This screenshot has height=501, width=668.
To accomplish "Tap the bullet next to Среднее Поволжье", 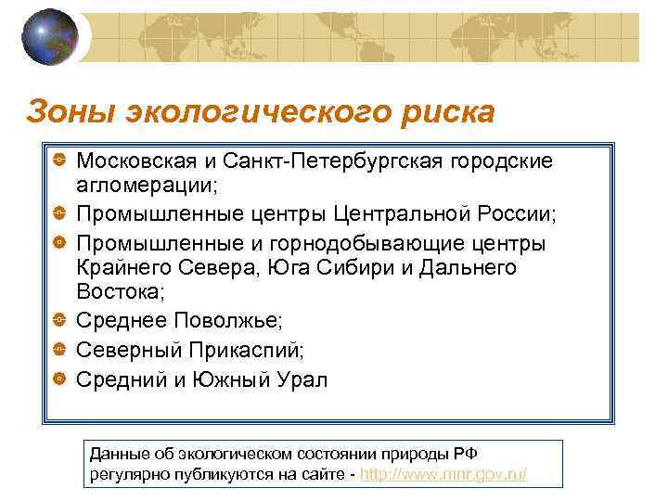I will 58,320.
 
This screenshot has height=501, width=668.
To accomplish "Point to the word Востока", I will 118,294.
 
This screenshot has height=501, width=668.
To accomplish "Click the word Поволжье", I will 233,320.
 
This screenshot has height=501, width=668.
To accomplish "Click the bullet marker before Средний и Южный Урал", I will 58,379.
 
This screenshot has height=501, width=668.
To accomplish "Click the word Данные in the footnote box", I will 118,454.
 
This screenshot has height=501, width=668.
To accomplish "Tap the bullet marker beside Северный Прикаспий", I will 58,350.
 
